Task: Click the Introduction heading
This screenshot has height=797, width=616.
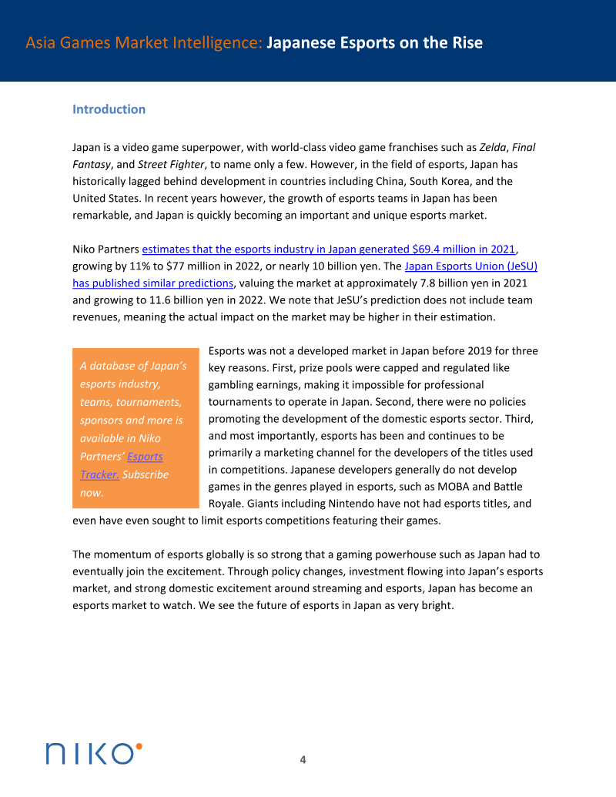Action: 109,109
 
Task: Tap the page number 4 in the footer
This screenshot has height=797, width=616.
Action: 303,760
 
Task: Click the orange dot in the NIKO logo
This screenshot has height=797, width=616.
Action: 139,745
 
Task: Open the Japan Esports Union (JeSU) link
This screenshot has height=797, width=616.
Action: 470,266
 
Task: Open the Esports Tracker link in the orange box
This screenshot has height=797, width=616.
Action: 145,457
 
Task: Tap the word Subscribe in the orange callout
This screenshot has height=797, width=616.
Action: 146,474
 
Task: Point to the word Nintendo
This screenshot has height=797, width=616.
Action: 362,504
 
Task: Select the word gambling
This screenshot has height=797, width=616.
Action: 236,385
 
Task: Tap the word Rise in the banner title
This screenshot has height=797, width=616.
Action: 464,42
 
